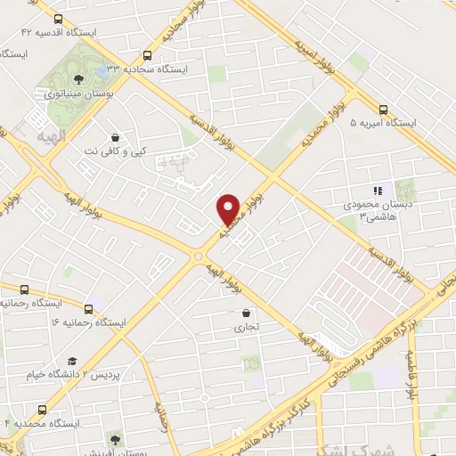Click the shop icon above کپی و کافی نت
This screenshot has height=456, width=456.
115,138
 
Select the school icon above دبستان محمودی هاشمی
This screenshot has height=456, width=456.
377,190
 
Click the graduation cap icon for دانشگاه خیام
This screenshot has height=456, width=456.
71,361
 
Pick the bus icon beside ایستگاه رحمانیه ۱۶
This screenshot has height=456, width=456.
24,289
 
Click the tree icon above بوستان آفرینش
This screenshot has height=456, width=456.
115,438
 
